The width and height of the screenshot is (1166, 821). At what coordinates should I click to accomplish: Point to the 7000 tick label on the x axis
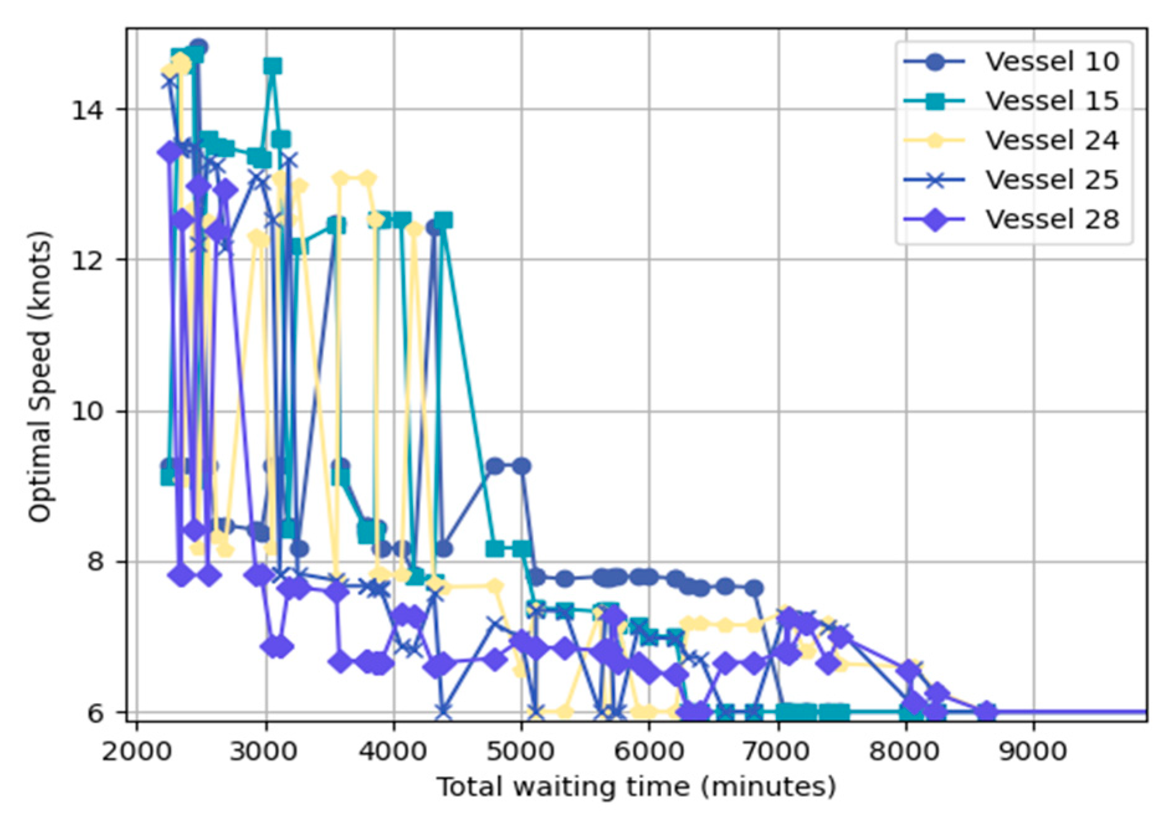point(778,751)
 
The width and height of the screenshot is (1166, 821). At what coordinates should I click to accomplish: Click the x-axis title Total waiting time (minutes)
point(636,787)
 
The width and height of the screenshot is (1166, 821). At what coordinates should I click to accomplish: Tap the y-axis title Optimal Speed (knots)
point(39,376)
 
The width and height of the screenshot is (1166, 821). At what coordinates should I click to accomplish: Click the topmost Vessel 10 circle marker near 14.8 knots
point(199,47)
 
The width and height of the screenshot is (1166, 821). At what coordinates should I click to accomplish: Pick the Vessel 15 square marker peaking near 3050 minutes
point(273,66)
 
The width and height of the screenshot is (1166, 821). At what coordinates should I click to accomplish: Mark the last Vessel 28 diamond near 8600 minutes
point(986,712)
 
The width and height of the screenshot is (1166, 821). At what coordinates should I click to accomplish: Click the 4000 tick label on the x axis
point(394,751)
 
